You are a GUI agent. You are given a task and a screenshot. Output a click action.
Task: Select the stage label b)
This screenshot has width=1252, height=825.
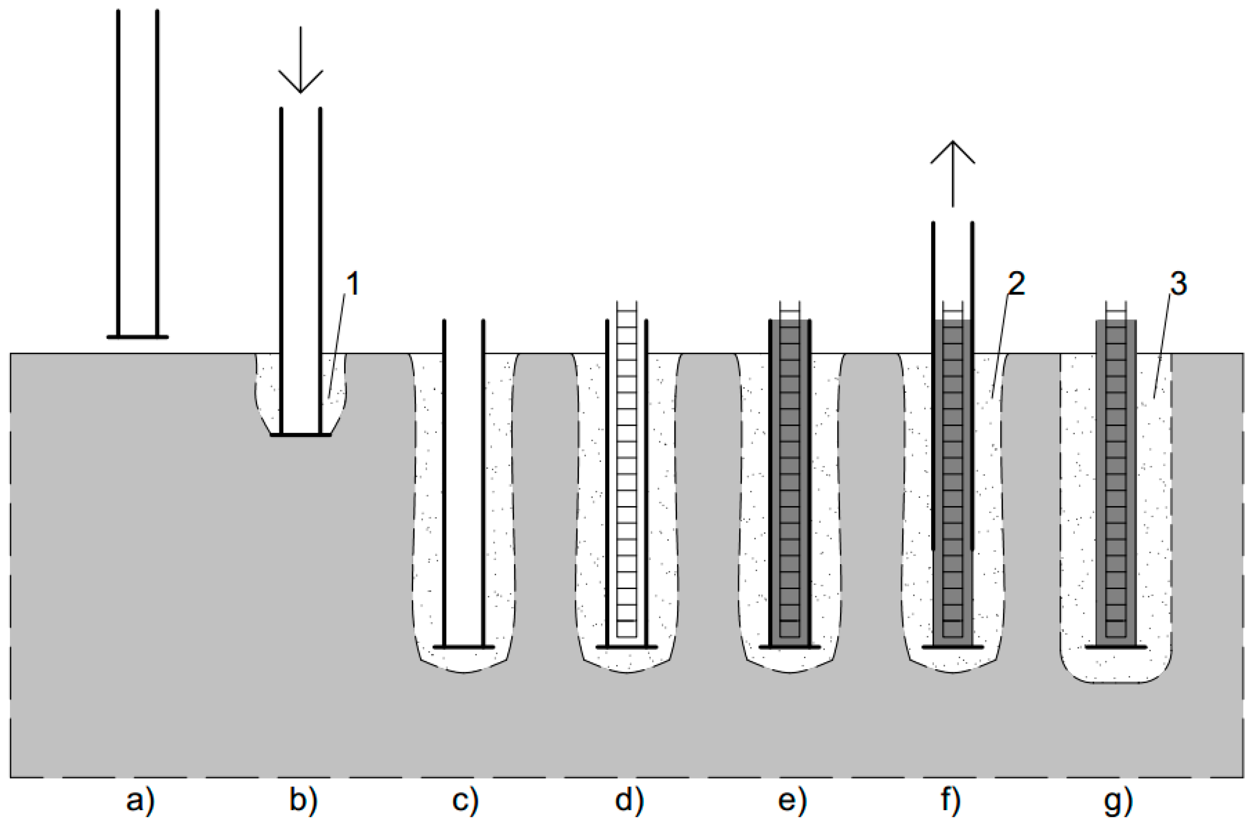point(304,802)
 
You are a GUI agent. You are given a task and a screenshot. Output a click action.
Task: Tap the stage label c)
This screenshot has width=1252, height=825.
point(466,802)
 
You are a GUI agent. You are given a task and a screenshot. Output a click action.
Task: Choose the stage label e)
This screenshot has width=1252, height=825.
point(792,802)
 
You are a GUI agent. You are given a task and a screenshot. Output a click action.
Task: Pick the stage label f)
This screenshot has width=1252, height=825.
point(952,802)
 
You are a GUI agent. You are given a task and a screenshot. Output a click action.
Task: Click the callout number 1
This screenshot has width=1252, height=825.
point(353,285)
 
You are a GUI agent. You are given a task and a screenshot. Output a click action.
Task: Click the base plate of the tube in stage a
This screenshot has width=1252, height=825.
point(138,337)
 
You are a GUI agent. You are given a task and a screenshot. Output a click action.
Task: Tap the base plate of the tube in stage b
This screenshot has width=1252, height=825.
point(300,435)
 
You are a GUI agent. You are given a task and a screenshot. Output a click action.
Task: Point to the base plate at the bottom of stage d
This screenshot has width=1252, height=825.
point(627,647)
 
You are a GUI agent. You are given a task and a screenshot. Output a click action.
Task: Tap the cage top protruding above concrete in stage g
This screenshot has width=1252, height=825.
point(1116,310)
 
